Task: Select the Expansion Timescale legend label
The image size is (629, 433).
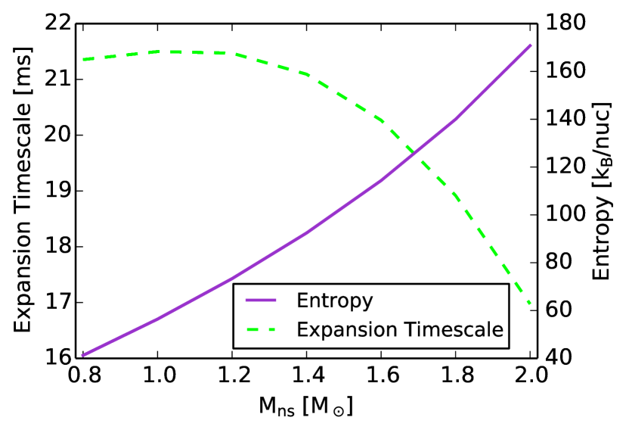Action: tap(400, 329)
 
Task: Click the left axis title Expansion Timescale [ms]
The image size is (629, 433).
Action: tap(23, 189)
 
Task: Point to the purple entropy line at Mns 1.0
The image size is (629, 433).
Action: tap(156, 319)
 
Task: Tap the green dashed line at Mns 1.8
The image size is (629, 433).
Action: tap(456, 196)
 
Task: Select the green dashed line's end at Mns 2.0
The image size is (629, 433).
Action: tap(531, 304)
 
